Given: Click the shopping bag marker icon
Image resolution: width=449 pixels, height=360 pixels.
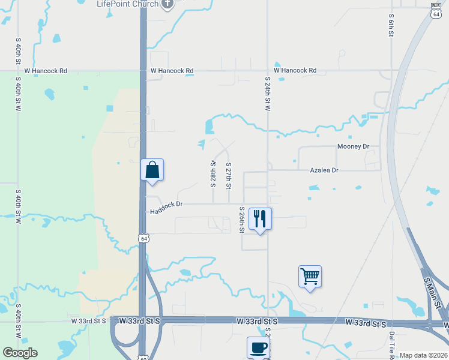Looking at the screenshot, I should click(152, 170).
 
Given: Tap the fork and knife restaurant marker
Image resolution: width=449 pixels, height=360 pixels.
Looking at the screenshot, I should click(260, 218).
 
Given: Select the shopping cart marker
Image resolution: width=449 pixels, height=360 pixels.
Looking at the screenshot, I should click(310, 277).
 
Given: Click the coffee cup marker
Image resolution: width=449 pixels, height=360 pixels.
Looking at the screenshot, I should click(258, 347).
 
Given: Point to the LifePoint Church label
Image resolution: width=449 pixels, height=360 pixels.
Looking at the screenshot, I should click(128, 4).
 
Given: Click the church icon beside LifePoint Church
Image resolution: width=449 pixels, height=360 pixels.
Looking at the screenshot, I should click(167, 4).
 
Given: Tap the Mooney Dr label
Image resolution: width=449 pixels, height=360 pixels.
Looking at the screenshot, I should click(353, 146).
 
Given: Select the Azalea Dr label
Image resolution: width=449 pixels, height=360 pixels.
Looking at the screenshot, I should click(324, 170).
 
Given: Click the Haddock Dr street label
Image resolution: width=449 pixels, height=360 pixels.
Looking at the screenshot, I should click(166, 206).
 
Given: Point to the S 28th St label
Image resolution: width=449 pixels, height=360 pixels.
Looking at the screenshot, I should click(212, 174).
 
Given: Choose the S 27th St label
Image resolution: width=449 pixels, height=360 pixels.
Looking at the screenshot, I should click(228, 175).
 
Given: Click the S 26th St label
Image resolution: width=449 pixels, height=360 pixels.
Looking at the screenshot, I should click(242, 220).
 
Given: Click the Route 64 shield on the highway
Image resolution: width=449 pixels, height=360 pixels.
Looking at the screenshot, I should click(143, 238).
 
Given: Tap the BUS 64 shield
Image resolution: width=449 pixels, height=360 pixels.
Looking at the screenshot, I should click(435, 11).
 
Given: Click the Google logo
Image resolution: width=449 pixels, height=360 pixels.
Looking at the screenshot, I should click(20, 353).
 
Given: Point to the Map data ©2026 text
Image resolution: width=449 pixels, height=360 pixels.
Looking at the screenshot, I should click(424, 355).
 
